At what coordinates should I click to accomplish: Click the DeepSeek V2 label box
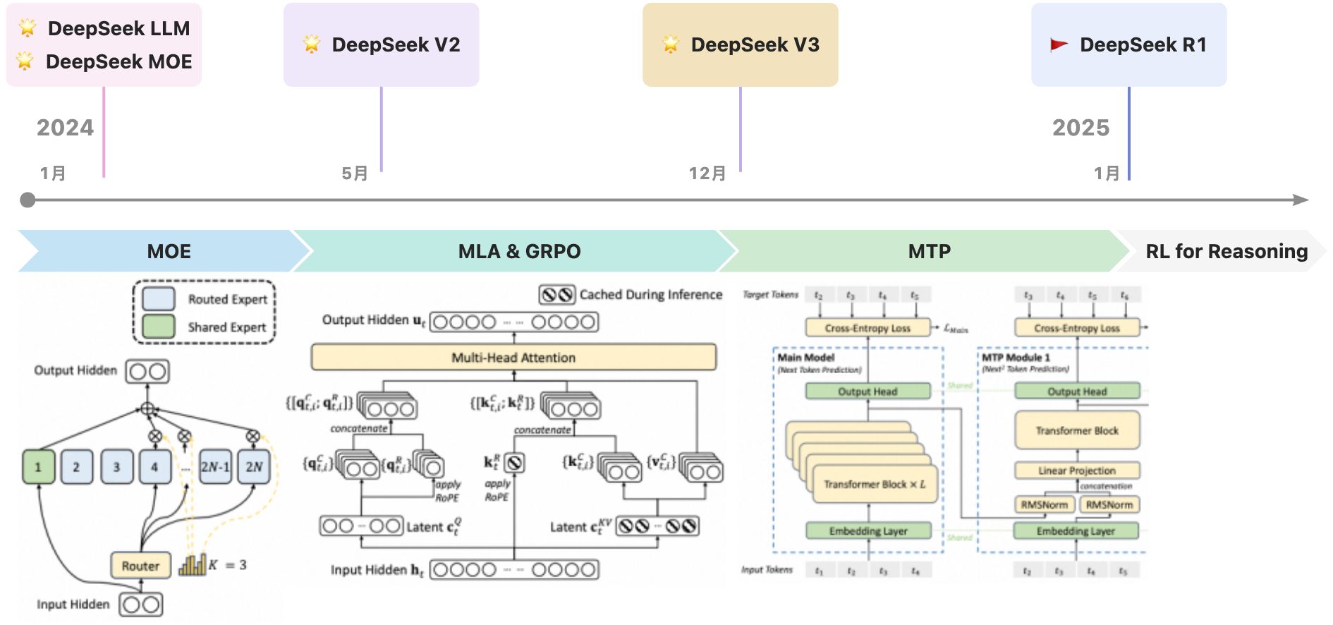click(x=381, y=44)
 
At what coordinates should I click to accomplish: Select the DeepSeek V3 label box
click(x=740, y=44)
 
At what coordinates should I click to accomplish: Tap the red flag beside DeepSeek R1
click(x=1059, y=45)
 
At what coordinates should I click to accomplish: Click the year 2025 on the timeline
click(x=1081, y=128)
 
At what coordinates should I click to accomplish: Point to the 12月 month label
click(x=707, y=174)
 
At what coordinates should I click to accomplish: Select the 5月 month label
click(x=355, y=174)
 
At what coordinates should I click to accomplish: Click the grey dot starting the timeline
click(x=28, y=200)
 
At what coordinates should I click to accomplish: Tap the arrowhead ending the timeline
click(x=1301, y=200)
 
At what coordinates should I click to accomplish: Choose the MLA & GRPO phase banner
click(x=519, y=251)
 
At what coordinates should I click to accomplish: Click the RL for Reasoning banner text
click(x=1227, y=251)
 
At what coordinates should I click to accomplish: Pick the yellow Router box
click(x=140, y=566)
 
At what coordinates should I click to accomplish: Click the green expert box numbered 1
click(x=38, y=467)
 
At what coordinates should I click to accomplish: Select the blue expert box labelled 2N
click(x=254, y=467)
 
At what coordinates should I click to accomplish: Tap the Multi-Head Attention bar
click(x=513, y=358)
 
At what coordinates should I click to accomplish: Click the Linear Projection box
click(x=1076, y=471)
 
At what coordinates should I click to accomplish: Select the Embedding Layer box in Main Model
click(x=868, y=531)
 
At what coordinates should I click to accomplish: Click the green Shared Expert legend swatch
click(x=159, y=327)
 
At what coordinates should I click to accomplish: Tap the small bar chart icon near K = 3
click(x=192, y=565)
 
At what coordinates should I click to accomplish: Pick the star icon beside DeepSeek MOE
click(x=25, y=61)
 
